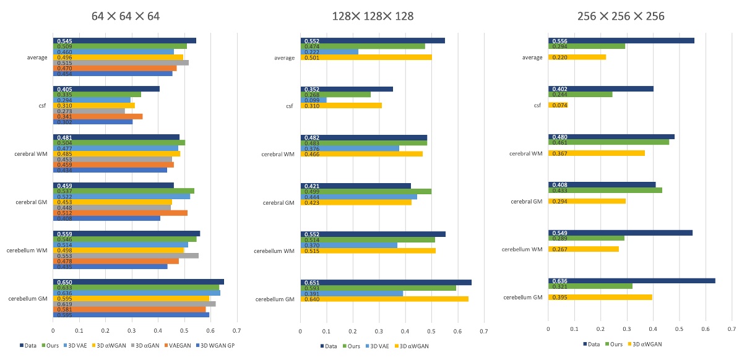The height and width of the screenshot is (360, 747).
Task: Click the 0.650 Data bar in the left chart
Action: [138, 281]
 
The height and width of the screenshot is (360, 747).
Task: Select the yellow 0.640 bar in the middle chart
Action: [384, 299]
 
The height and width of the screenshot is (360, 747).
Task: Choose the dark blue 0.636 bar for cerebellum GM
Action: [631, 281]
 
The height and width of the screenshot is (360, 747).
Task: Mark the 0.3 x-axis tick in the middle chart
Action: [379, 330]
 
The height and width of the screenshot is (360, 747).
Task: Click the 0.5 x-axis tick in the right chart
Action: [679, 330]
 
